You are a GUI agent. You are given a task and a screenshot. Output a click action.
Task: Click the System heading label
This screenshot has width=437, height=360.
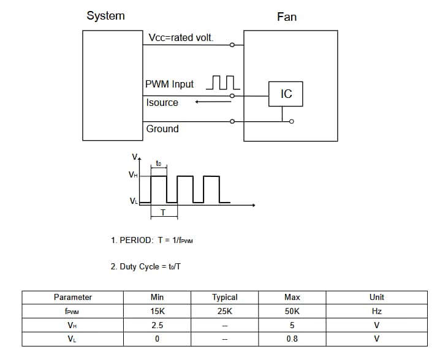pos(105,16)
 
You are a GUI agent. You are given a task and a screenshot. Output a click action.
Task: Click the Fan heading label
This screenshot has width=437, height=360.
pos(287,17)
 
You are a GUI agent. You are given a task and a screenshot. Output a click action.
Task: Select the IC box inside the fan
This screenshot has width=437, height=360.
pos(286,94)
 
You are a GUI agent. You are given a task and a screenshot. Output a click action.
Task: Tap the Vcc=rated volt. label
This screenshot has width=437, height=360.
pos(181,38)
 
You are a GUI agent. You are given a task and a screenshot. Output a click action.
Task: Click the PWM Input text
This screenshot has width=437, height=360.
pos(170,84)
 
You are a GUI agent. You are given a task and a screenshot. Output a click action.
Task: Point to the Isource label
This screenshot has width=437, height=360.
pos(162,102)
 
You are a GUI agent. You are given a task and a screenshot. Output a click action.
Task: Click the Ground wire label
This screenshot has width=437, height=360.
pos(162,129)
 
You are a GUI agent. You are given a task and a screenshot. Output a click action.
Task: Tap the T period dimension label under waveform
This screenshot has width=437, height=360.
pos(163,212)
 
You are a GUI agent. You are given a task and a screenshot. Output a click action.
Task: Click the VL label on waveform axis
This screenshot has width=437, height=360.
pos(133,201)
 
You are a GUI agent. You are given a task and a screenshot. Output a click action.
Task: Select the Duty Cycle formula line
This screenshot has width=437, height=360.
pos(146,266)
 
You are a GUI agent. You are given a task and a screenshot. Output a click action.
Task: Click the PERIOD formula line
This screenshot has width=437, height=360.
pos(152,240)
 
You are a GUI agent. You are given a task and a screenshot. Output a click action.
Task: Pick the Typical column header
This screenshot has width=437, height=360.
pos(225,297)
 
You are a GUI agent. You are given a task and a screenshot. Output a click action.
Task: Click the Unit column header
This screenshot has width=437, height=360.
pos(377,297)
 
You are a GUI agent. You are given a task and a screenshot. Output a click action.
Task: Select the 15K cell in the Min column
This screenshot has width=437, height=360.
pos(157,311)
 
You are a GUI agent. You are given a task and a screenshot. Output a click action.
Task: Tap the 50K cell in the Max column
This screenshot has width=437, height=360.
pos(292,311)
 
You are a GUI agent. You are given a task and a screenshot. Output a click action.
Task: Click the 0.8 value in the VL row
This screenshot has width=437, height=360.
pos(292,339)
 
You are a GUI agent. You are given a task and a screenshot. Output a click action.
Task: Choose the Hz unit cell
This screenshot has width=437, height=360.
pos(377,311)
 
